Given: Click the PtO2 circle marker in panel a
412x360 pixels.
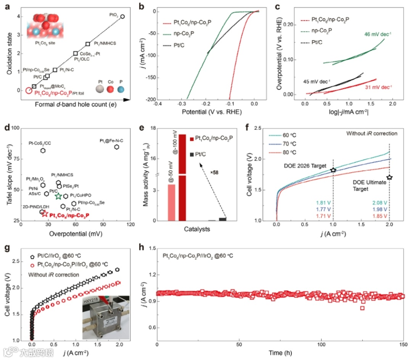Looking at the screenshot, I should [x=122, y=16].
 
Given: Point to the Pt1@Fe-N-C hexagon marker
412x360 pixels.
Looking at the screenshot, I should [x=116, y=147].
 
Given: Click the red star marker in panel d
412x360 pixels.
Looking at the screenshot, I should [x=45, y=214].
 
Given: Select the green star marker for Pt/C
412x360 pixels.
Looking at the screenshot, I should [x=58, y=196].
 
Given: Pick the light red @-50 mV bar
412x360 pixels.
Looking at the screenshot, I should [x=171, y=202].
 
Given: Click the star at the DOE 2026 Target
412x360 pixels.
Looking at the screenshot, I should [x=333, y=170].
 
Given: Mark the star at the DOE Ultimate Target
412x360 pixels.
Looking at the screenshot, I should [x=389, y=178].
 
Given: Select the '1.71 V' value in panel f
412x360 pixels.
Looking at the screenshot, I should [x=323, y=216].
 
